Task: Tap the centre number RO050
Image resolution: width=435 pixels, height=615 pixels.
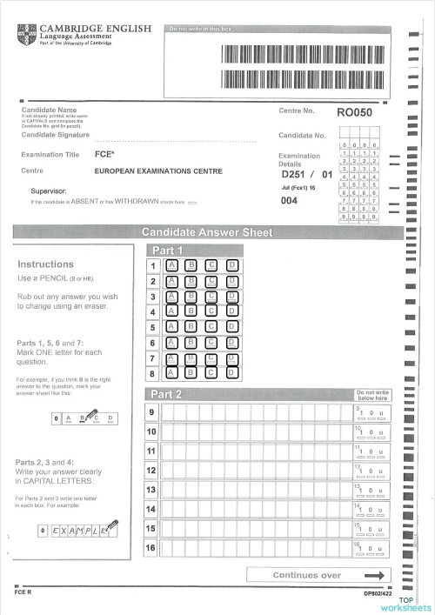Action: pos(354,112)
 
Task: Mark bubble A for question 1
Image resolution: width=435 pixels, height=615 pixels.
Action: pos(171,265)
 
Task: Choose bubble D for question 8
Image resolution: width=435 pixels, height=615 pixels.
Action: pos(231,373)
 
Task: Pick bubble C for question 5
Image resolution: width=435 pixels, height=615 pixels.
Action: pos(211,327)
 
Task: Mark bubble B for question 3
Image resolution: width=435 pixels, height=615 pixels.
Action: pos(191,297)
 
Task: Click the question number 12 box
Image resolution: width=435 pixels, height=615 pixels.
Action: pos(151,471)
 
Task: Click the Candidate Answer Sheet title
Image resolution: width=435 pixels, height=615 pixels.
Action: pos(207,232)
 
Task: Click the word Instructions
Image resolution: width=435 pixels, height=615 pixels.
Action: pos(45,264)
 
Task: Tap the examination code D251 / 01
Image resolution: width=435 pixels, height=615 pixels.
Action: pos(307,175)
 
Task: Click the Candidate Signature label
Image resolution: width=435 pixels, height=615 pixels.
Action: pos(55,136)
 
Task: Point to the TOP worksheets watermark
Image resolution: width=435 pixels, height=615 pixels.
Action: pos(405,605)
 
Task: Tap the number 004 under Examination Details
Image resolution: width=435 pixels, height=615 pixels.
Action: pos(290,201)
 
